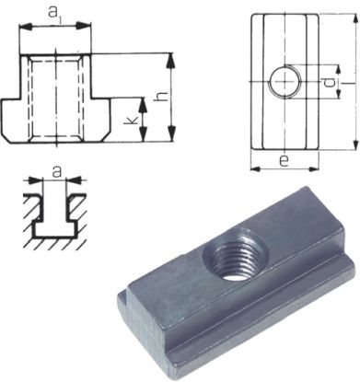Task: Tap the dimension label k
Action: pyautogui.click(x=129, y=121)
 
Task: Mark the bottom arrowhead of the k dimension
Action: pyautogui.click(x=143, y=137)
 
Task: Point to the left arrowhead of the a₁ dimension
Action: pyautogui.click(x=21, y=30)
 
